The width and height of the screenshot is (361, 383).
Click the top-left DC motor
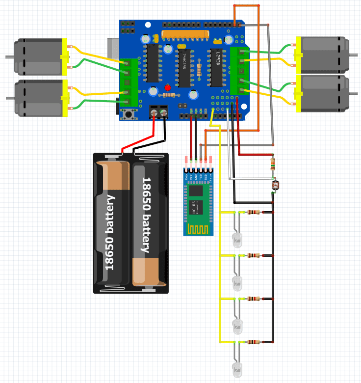[x=39, y=56]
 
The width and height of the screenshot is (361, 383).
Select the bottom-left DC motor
[x=39, y=98]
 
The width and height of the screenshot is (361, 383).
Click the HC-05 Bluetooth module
[x=199, y=201]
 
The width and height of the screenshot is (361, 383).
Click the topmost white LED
[x=237, y=239]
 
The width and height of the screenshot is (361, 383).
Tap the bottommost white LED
[x=237, y=369]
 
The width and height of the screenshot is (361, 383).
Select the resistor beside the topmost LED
[x=254, y=213]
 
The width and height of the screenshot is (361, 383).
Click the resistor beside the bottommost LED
[x=254, y=342]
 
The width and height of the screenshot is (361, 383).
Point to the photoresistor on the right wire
[x=275, y=185]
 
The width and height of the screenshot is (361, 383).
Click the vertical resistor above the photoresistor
[x=273, y=163]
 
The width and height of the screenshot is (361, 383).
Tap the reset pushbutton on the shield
[x=129, y=115]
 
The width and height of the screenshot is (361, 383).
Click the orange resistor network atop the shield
[x=185, y=34]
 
